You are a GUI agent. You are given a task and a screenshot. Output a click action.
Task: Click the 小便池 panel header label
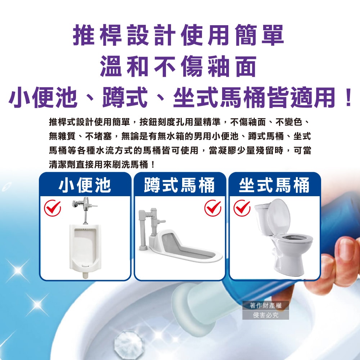pyautogui.click(x=85, y=185)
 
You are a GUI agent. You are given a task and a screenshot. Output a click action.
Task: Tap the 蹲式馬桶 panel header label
pyautogui.click(x=179, y=185)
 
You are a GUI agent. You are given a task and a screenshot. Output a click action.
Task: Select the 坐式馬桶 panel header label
pyautogui.click(x=274, y=185)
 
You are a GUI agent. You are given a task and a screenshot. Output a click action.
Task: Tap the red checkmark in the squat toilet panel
pyautogui.click(x=213, y=208)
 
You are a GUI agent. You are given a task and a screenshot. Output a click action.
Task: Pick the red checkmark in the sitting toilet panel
pyautogui.click(x=242, y=208)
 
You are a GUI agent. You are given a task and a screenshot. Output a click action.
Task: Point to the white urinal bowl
pyautogui.click(x=85, y=249)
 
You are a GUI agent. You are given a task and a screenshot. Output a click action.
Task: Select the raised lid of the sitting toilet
pyautogui.click(x=279, y=217)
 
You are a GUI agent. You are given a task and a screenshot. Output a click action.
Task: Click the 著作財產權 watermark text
pyautogui.click(x=266, y=305)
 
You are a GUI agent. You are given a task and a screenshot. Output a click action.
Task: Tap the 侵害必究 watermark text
pyautogui.click(x=266, y=315)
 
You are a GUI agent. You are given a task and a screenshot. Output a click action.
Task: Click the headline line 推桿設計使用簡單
pyautogui.click(x=179, y=35)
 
